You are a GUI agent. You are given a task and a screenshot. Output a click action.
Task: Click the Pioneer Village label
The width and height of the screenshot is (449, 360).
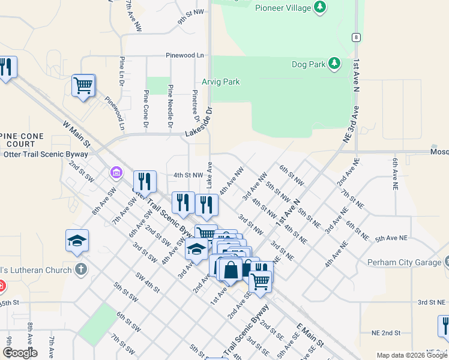tap(283, 8)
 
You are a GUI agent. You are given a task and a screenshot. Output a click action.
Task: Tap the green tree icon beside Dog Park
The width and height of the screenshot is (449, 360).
tap(334, 64)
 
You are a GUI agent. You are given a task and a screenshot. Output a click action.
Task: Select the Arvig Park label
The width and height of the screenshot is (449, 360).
tap(220, 82)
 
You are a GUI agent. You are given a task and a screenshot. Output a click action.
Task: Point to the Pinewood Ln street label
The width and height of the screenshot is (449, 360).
tap(185, 55)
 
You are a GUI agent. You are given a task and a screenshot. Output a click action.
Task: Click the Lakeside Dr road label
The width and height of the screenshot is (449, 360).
tap(200, 123)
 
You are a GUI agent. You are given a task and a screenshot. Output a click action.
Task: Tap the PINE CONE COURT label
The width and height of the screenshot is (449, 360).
tap(22, 140)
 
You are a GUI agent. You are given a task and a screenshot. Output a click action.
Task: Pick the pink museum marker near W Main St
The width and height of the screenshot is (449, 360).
tap(116, 173)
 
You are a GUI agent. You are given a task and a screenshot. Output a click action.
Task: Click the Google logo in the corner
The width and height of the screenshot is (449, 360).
tap(20, 353)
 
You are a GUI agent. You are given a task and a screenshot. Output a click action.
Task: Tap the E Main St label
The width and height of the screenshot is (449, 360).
tap(310, 335)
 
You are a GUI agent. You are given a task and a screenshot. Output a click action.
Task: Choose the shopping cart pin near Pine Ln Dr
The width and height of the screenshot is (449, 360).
tap(83, 85)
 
